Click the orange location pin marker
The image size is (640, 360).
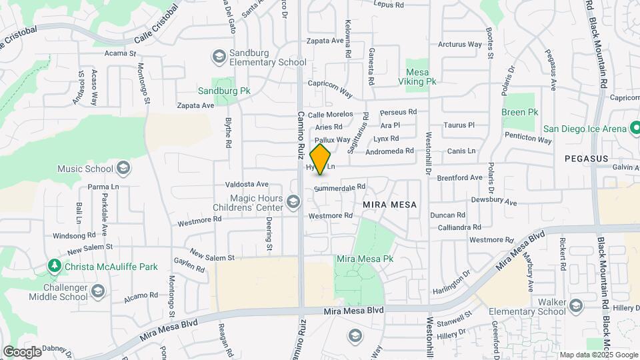(x=321, y=159)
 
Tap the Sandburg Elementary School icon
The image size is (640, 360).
(x=219, y=57)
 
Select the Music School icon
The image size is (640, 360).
(x=123, y=167)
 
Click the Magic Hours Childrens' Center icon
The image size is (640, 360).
(x=293, y=201)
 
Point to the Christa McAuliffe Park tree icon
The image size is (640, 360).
(x=55, y=266)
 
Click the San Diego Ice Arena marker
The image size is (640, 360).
(x=635, y=128)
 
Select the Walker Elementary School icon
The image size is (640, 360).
(x=576, y=306)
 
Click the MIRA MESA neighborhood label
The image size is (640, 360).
(x=390, y=205)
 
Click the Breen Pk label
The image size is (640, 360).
(x=519, y=113)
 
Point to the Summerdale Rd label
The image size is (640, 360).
(x=340, y=189)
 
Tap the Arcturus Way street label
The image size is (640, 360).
(x=459, y=45)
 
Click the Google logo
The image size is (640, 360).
(x=21, y=351)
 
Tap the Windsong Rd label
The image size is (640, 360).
(x=75, y=235)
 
